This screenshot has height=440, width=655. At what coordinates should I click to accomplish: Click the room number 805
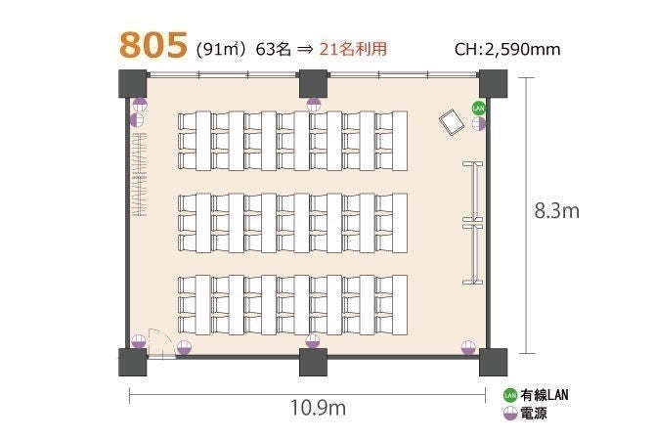tap(153, 45)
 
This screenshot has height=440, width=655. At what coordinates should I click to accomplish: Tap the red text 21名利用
tap(353, 49)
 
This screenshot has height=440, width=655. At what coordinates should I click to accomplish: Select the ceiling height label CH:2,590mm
tap(507, 49)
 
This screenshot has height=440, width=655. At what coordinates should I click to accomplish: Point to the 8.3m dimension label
tap(557, 211)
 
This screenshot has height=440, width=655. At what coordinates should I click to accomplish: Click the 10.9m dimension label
tap(318, 408)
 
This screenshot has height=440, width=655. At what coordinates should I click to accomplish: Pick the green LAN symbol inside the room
tap(478, 109)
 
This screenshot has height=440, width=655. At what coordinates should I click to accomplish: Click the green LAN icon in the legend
tap(510, 395)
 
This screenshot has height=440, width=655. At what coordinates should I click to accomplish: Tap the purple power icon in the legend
tap(510, 414)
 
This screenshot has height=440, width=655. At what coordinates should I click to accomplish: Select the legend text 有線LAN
tap(545, 395)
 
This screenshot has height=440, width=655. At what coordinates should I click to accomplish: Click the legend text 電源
tap(534, 414)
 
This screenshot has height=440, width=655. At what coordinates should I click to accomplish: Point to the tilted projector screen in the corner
tap(452, 122)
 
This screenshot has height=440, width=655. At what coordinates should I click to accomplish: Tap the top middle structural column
tap(313, 83)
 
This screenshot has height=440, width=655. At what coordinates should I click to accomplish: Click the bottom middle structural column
tap(313, 362)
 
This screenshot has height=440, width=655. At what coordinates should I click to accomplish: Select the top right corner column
tap(493, 83)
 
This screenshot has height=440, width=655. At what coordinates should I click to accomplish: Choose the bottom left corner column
tap(133, 362)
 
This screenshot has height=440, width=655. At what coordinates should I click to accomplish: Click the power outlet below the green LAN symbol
tap(479, 123)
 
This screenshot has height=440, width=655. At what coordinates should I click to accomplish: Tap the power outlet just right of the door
tap(184, 347)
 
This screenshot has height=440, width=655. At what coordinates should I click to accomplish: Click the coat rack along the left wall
tap(139, 175)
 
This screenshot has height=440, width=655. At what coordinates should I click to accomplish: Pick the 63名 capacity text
tap(273, 49)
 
